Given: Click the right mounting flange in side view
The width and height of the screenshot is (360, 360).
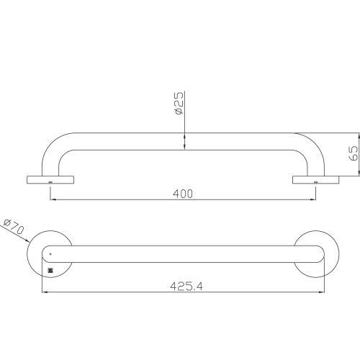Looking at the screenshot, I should click(x=315, y=179).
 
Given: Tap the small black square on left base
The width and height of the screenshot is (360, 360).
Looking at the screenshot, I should click(x=50, y=271).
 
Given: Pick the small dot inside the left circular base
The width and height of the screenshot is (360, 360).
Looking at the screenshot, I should click(x=50, y=254).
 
